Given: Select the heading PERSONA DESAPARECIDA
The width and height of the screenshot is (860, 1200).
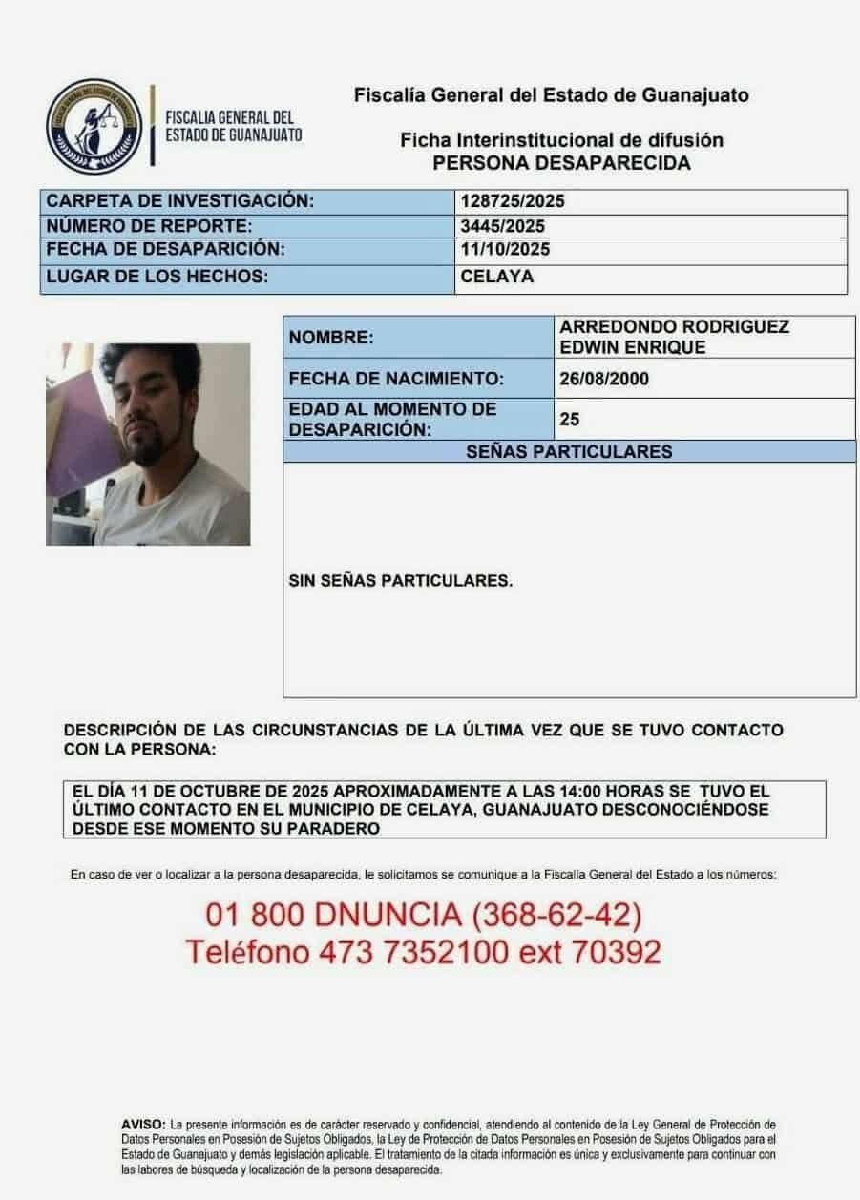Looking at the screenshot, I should tap(561, 163).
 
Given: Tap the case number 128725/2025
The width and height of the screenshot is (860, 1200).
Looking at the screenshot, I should tap(506, 201).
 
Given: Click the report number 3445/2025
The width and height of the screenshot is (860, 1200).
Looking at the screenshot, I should tap(502, 226).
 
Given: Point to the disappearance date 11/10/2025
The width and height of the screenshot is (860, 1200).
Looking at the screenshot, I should tap(505, 251).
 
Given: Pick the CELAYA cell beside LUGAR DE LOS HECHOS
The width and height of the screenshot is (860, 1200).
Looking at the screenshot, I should tap(496, 277).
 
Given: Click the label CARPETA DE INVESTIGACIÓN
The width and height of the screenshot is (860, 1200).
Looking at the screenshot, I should tap(180, 201).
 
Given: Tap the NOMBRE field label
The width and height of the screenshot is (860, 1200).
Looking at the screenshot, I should tap(331, 337).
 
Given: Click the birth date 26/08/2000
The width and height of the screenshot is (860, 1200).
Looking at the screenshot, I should tap(604, 379).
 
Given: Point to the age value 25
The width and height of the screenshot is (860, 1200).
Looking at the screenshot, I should tap(571, 419).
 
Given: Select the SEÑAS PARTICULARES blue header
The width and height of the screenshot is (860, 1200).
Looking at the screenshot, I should tap(569, 451).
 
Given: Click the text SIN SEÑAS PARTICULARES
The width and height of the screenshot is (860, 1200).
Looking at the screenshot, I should tap(400, 579).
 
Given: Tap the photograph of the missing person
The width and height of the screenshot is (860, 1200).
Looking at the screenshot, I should tap(148, 444).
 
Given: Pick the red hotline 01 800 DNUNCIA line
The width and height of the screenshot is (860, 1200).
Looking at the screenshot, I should tap(423, 915).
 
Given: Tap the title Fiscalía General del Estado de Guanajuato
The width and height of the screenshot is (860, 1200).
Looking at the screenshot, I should tap(551, 95).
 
